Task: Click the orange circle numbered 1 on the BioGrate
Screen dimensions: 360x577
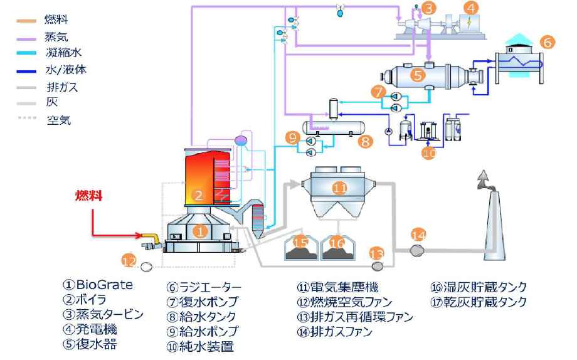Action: [199, 231]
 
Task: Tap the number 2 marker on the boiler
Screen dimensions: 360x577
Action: [198, 196]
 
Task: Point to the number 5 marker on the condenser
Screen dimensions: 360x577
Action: [418, 75]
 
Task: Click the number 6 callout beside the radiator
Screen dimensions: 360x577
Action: [547, 43]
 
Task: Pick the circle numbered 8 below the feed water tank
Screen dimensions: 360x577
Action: [366, 142]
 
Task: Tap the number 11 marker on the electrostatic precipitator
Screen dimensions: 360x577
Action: [339, 187]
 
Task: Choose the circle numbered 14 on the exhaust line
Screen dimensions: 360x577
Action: [418, 235]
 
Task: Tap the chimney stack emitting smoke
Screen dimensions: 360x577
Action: [490, 220]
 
